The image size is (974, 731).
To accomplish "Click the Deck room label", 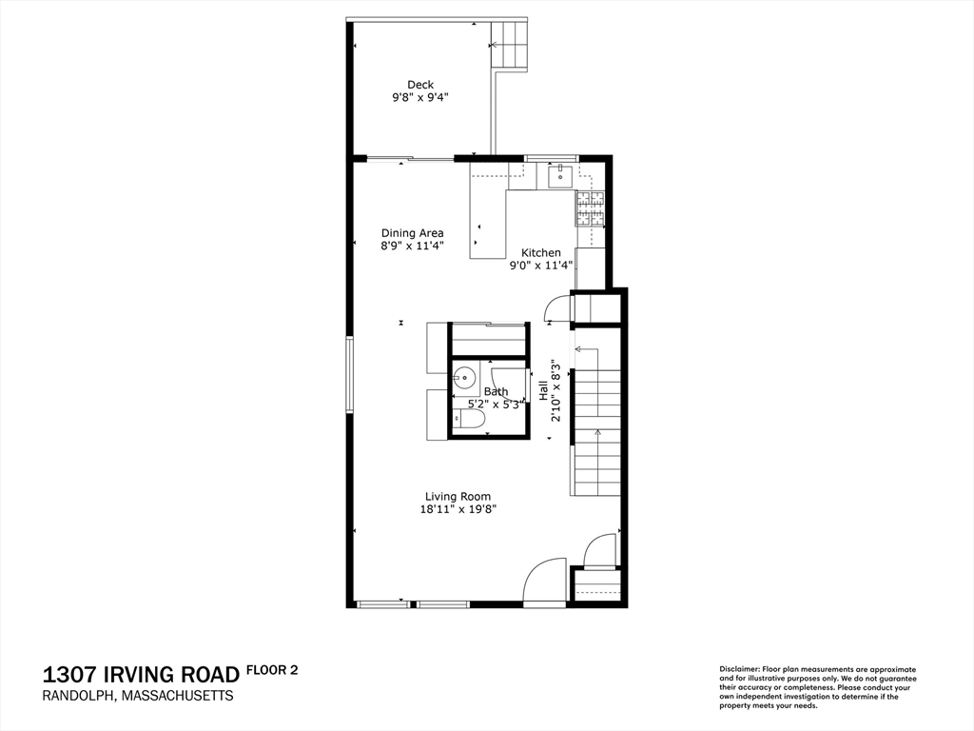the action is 420,85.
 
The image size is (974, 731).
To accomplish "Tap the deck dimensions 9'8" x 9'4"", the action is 420,98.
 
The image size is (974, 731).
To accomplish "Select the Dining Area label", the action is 413,233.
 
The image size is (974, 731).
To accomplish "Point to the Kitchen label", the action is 541,252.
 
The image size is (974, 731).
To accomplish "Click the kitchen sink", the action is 560,175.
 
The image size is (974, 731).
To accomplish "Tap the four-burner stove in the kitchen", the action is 590,208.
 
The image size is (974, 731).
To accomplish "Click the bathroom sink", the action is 464,377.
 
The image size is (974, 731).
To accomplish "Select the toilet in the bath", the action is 468,420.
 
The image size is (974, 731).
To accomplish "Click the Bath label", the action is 496,391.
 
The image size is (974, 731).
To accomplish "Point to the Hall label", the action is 543,390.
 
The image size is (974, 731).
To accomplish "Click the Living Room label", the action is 458,496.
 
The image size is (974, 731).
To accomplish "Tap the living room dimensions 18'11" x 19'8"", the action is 458,509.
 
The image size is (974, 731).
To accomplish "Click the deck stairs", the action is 510,45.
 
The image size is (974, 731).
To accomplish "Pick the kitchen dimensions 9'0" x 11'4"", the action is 540,266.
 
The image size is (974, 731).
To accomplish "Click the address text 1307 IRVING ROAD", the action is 141,675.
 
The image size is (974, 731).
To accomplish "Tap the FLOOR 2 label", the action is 272,670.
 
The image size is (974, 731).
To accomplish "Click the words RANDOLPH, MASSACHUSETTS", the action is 138,696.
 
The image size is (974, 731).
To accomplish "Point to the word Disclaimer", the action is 738,669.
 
